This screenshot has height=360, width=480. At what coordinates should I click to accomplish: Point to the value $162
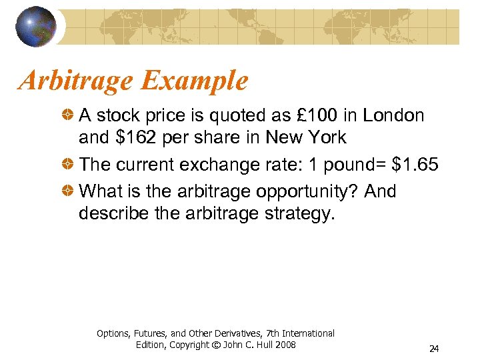(x=135, y=137)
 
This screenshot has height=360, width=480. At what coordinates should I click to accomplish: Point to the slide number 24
(x=434, y=349)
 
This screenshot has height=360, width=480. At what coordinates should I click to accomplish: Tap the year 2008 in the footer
(x=285, y=345)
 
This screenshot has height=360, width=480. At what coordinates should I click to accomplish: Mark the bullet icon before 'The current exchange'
(x=69, y=165)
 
